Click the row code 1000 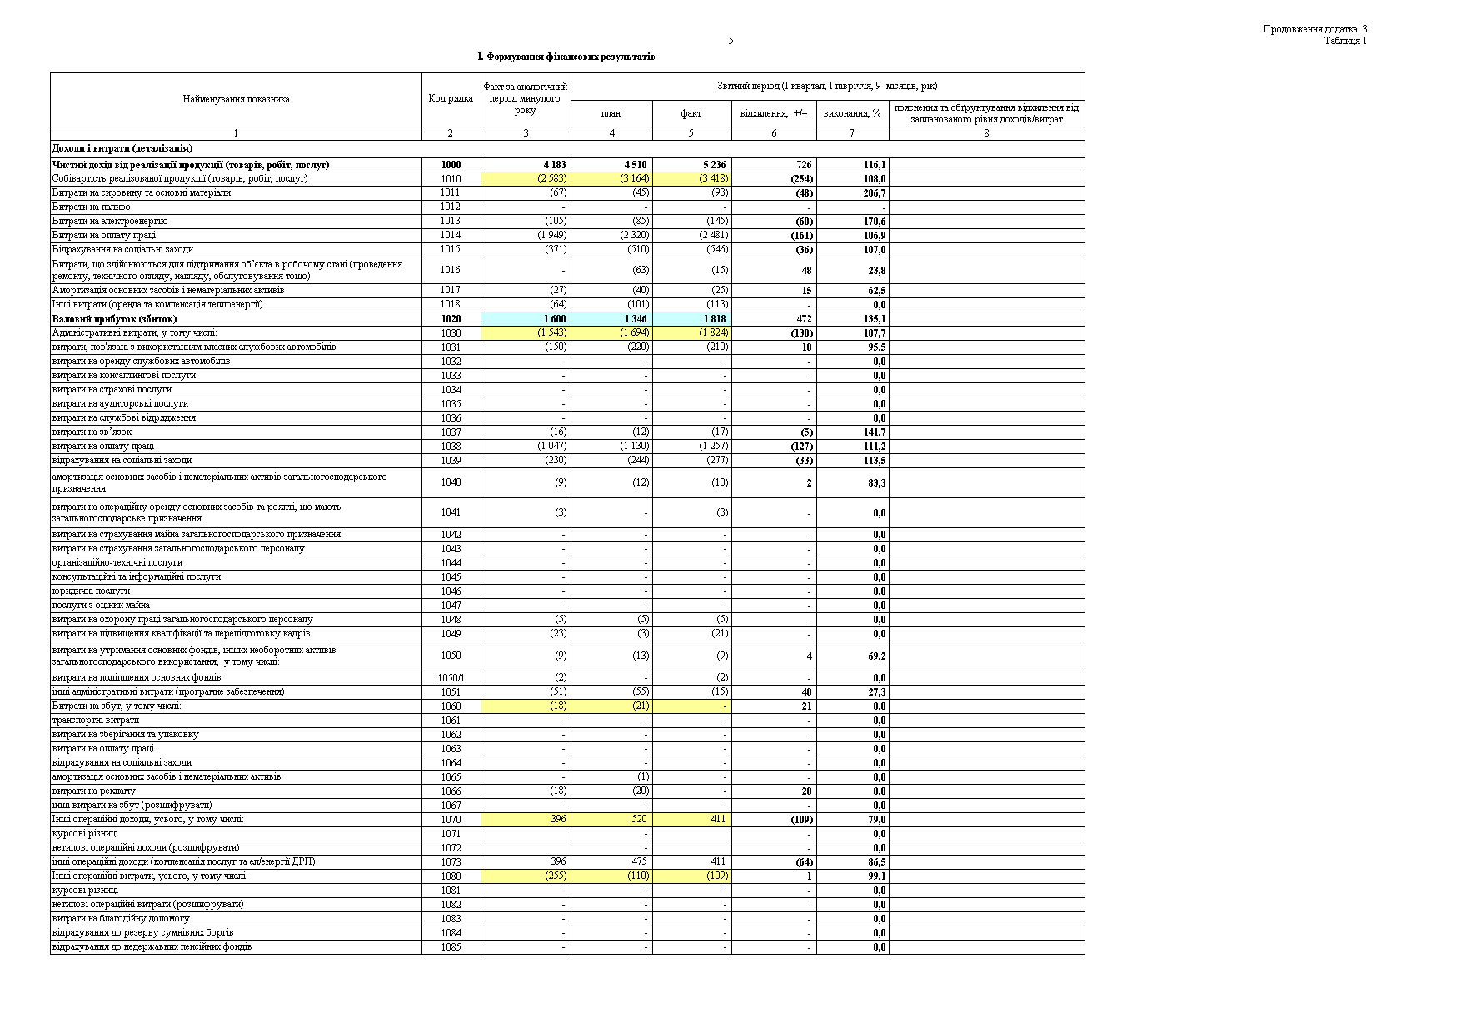coord(451,165)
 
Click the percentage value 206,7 coord(874,193)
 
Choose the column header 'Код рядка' coord(451,99)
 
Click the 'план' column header coord(611,113)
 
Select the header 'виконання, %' coord(851,113)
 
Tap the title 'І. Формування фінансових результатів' coord(566,57)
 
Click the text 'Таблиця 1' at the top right coord(1345,41)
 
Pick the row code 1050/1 coord(451,678)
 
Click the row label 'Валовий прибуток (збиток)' coord(114,319)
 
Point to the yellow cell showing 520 coord(638,820)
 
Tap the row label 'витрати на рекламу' coord(93,791)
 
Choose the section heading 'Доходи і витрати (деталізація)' coord(122,149)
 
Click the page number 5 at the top coord(730,41)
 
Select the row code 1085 coord(451,947)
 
